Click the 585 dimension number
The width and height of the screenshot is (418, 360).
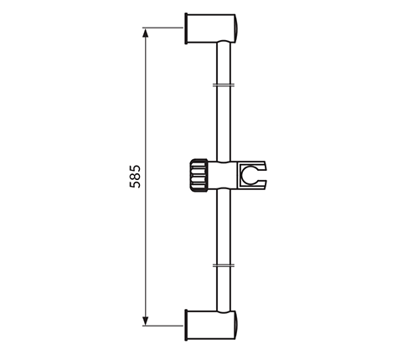coord(135,177)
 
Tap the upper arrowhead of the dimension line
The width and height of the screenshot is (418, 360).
coord(145,33)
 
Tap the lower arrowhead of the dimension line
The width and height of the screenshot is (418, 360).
coord(145,321)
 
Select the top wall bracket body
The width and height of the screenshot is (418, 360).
coord(211,28)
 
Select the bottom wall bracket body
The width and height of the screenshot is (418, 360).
coord(211,325)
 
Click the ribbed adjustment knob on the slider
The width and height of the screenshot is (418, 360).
coord(199,176)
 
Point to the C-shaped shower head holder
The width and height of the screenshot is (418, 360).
coord(252,175)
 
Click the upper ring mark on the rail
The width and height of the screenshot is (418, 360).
coord(224,85)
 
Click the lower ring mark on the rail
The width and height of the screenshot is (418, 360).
coord(224,265)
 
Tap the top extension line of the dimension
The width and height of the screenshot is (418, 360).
coord(163,28)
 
